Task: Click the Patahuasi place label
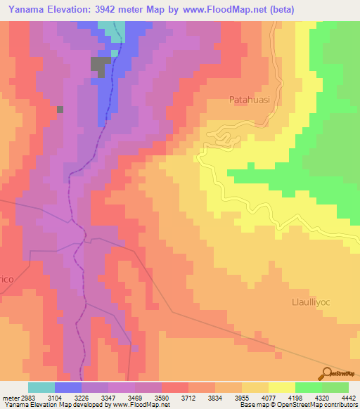(x=249, y=100)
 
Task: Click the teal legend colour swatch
(x=41, y=387)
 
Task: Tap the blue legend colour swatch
(x=68, y=387)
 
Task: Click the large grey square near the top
(x=100, y=66)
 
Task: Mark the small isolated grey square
(x=60, y=109)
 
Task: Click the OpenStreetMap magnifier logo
(x=327, y=373)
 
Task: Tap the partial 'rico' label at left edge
(x=6, y=279)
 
